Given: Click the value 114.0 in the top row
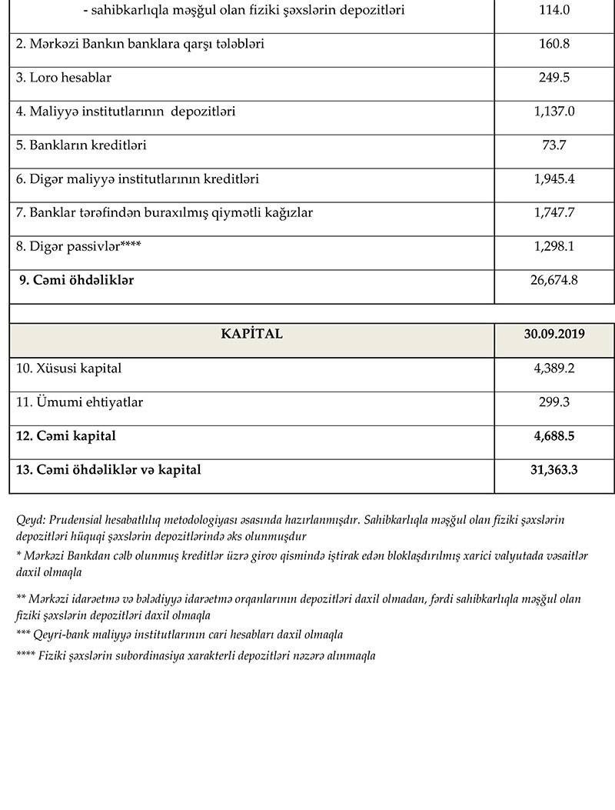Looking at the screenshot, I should [554, 11].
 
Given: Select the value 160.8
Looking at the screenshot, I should [554, 45].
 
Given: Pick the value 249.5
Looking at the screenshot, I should [554, 78].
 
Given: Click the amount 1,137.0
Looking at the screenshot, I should [554, 112].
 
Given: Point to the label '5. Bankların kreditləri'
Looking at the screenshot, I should [81, 145].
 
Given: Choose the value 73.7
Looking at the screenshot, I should [554, 145].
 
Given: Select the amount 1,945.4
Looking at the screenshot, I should [554, 179].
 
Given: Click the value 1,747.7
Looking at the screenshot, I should [554, 213].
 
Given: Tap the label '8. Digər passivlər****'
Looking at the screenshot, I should [79, 247].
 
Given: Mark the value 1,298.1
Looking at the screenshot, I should [554, 247].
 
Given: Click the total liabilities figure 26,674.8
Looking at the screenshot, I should [554, 281].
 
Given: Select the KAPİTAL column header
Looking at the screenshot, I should [251, 334].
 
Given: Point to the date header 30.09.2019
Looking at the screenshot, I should [554, 334].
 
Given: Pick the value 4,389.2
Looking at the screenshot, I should [554, 368].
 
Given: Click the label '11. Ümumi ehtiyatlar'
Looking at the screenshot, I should [80, 402].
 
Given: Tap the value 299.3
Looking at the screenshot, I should [554, 402].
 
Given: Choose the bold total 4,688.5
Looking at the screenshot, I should [554, 436].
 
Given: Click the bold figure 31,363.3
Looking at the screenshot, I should [554, 469].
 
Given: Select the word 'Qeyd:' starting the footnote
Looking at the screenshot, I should [30, 520].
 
